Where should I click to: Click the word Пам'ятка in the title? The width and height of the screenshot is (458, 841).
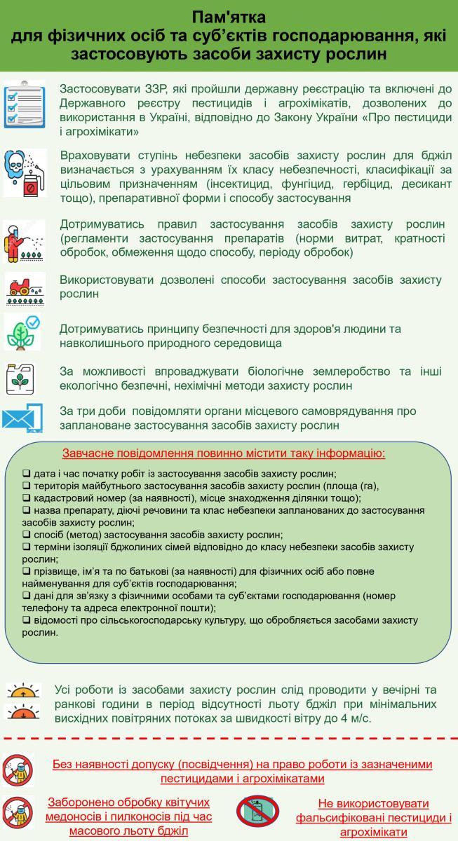[229, 17]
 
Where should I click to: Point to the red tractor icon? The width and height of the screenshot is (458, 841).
[25, 288]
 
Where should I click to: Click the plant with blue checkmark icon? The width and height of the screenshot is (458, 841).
[23, 331]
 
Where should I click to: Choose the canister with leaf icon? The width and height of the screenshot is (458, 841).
[23, 379]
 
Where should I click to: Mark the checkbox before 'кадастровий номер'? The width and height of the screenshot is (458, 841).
[26, 498]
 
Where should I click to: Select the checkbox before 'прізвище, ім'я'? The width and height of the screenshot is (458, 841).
[26, 572]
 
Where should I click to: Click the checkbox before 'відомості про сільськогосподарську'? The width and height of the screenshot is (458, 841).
[26, 620]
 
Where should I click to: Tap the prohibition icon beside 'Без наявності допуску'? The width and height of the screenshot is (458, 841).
[18, 771]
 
